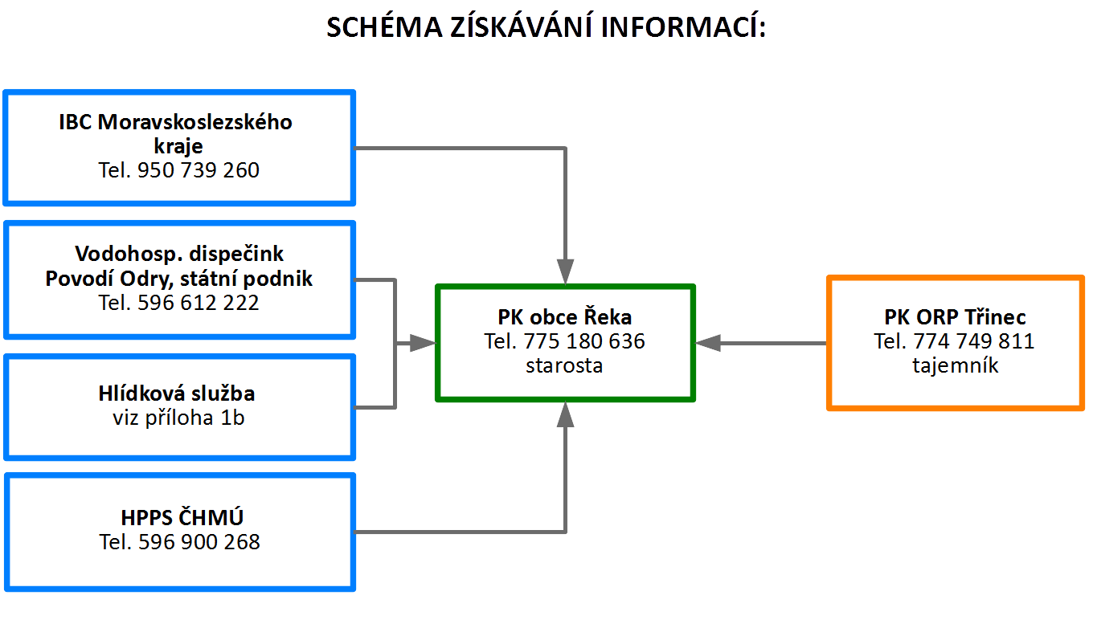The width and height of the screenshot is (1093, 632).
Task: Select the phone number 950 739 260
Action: [198, 170]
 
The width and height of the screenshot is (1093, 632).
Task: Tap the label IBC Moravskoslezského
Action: [176, 122]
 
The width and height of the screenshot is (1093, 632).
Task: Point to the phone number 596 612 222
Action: [198, 303]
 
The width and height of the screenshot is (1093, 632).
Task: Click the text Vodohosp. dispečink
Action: [179, 254]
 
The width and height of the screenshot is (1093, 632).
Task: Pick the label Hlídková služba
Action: [177, 393]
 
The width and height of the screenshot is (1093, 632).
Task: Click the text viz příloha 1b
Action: [178, 418]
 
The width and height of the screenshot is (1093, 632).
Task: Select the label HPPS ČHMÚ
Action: [182, 517]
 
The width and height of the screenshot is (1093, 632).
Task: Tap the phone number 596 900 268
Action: [199, 542]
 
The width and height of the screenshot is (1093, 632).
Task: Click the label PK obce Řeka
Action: [564, 317]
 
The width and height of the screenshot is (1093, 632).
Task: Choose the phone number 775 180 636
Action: [584, 341]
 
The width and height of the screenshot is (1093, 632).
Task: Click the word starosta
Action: [564, 365]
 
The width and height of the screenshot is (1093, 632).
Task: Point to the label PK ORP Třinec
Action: [955, 317]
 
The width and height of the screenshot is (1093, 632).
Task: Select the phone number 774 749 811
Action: [973, 341]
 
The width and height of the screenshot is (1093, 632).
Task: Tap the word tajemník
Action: [956, 365]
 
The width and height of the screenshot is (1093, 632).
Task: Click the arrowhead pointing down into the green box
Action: [565, 271]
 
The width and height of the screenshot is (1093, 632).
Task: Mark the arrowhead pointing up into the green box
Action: [565, 414]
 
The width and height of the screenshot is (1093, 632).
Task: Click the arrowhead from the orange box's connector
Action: [708, 343]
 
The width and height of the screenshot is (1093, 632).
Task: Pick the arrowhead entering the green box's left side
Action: [423, 343]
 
